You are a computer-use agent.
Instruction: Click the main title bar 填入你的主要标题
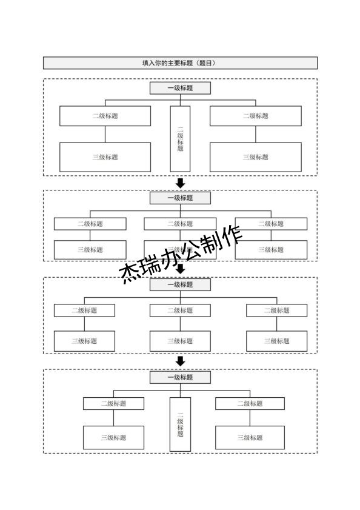click(x=180, y=63)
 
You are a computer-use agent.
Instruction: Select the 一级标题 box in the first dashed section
click(x=180, y=89)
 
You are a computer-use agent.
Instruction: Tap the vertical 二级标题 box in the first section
click(x=180, y=139)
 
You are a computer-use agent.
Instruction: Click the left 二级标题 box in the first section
click(x=105, y=116)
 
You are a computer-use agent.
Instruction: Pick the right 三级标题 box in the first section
click(x=255, y=157)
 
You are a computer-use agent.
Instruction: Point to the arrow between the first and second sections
click(x=180, y=183)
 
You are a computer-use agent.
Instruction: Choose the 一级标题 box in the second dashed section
click(x=180, y=198)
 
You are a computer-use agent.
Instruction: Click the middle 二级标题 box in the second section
click(x=180, y=224)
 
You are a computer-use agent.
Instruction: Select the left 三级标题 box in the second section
click(x=90, y=249)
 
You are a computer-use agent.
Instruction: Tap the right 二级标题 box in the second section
click(x=271, y=224)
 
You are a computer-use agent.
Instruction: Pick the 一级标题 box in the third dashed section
click(x=180, y=284)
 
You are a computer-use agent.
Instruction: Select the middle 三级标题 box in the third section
click(x=180, y=341)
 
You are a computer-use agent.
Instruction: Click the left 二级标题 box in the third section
click(x=84, y=310)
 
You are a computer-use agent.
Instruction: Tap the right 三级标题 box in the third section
click(x=276, y=341)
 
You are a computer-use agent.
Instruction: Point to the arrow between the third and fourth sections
click(x=180, y=361)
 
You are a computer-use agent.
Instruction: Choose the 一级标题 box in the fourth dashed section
click(x=180, y=377)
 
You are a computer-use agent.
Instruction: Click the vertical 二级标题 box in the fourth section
click(x=180, y=424)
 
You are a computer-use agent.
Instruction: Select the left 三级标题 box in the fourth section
click(x=113, y=437)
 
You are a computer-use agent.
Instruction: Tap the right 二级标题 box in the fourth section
click(x=250, y=403)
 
